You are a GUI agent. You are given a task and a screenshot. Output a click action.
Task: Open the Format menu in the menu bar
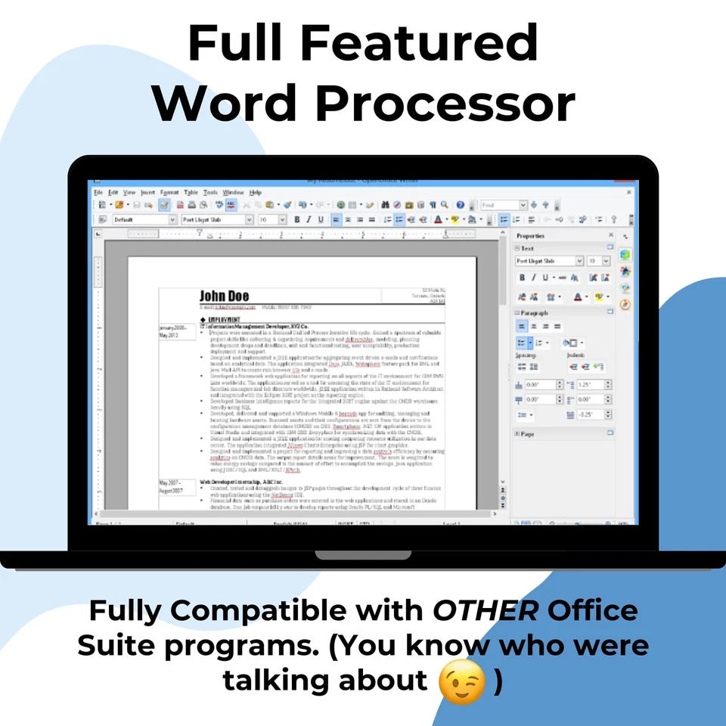click(x=169, y=193)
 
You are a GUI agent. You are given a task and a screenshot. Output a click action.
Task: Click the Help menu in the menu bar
click(x=256, y=193)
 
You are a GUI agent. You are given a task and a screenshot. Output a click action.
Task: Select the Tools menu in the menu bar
click(x=210, y=193)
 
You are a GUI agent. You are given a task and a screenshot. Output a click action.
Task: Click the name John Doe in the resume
click(x=224, y=296)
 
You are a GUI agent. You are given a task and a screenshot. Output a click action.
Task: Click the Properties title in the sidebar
click(x=530, y=236)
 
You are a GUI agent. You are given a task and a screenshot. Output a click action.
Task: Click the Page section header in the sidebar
click(x=527, y=433)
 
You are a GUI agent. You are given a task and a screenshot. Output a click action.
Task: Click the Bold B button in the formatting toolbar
click(x=297, y=219)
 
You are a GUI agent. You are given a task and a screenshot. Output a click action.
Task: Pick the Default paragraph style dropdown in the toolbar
click(x=144, y=219)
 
